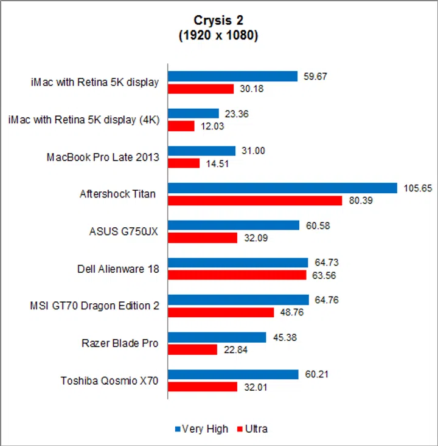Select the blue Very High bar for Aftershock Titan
[282, 188]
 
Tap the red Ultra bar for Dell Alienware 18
[237, 275]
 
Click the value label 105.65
[417, 188]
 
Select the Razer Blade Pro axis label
[120, 343]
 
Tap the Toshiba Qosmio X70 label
[109, 381]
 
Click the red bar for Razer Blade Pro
[193, 349]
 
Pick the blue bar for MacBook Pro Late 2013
[202, 151]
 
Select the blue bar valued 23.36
[193, 113]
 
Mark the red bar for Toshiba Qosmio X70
[203, 386]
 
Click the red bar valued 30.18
[201, 89]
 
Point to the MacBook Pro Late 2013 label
[103, 157]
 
